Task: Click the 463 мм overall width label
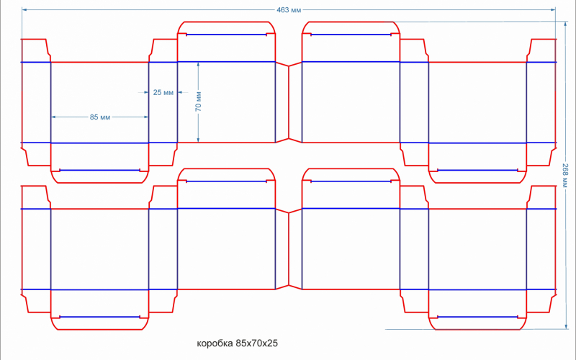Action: click(x=289, y=10)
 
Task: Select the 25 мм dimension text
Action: click(x=163, y=92)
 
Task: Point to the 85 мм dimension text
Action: click(x=100, y=117)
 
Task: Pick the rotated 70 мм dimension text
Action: click(x=198, y=102)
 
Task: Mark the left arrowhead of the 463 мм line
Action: click(x=24, y=9)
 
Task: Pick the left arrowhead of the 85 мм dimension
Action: click(x=53, y=117)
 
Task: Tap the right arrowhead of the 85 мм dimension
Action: click(x=146, y=117)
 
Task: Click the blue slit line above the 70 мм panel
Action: click(x=227, y=34)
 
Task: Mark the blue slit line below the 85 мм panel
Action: click(x=99, y=171)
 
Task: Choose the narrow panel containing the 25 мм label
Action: click(x=163, y=108)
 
